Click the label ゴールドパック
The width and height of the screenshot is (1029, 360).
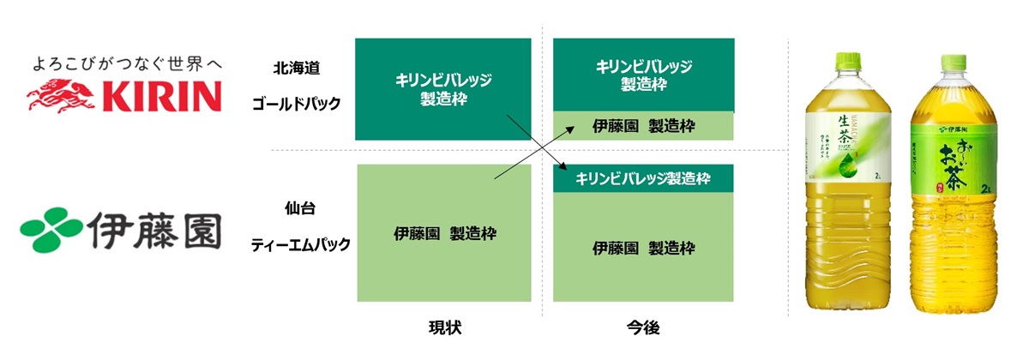pyautogui.click(x=296, y=104)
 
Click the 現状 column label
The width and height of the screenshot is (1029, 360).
pyautogui.click(x=445, y=327)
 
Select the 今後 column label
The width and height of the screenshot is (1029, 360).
pyautogui.click(x=643, y=327)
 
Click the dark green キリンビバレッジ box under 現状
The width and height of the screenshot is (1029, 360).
pyautogui.click(x=443, y=88)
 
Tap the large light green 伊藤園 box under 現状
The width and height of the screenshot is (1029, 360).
pyautogui.click(x=444, y=232)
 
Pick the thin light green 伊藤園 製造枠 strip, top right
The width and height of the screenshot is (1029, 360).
pyautogui.click(x=643, y=126)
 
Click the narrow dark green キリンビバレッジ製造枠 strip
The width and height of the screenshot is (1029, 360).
pyautogui.click(x=643, y=178)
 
